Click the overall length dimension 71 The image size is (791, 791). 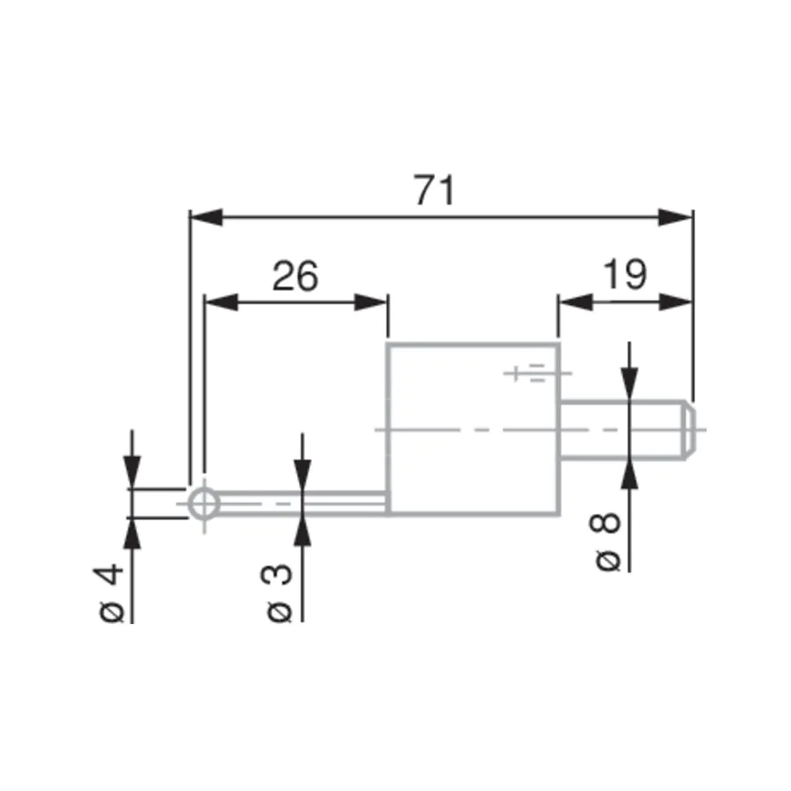(435, 190)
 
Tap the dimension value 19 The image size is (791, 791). (625, 274)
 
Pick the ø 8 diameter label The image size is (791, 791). (606, 541)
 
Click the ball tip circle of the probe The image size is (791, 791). (204, 504)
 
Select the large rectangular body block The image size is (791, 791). (473, 429)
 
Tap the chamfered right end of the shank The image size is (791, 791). (690, 429)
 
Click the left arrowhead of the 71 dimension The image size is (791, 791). (207, 217)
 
